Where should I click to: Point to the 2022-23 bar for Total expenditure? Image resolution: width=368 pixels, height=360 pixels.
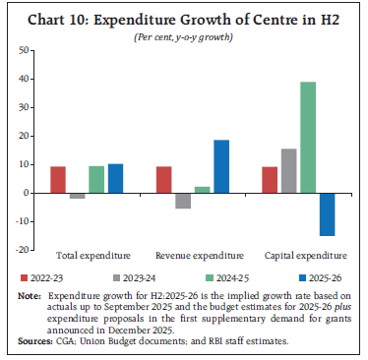[x=59, y=180]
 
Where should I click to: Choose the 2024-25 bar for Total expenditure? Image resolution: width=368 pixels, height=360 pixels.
[x=96, y=179]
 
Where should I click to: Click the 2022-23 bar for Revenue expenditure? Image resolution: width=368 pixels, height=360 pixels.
[x=164, y=180]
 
